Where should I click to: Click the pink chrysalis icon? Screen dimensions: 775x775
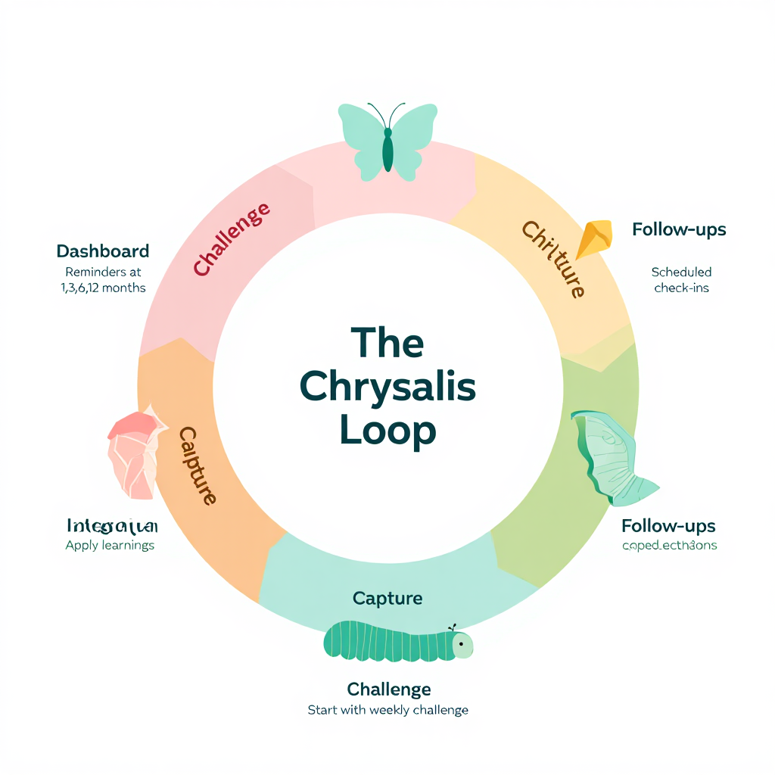point(135,454)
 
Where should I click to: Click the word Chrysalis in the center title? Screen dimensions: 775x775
point(387,387)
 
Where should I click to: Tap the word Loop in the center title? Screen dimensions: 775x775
point(387,430)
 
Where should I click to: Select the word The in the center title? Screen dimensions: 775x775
point(387,344)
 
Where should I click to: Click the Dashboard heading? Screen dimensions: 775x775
point(103,251)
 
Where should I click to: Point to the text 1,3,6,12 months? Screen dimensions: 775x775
point(103,288)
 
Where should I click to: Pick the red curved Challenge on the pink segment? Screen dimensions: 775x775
point(231,238)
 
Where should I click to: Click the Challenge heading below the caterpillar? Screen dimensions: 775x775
point(389,689)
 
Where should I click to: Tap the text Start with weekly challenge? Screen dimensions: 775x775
point(387,710)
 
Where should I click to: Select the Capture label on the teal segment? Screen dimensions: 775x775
point(387,599)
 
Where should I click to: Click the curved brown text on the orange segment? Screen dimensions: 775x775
point(198,465)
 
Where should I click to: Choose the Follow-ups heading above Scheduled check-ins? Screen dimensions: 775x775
point(679,229)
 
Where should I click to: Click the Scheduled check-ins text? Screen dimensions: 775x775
point(681,280)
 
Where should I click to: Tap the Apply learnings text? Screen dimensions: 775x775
point(110,545)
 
